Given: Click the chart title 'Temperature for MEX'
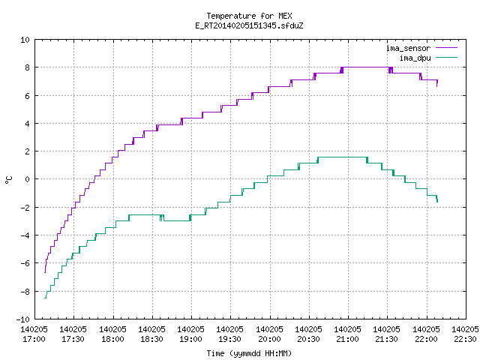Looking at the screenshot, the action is pos(249,16).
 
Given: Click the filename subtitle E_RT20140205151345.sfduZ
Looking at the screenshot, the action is pos(249,25).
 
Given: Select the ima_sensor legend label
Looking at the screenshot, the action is pos(408,48).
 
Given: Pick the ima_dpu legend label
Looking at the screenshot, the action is pos(415,58).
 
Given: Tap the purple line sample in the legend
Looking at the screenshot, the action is pos(446,48).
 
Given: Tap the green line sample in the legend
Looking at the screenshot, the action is pos(446,57).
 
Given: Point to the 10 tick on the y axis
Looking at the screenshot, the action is pos(25,40).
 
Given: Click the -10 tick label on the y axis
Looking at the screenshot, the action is pos(22,319).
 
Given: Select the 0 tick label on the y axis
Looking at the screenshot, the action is pos(27,179).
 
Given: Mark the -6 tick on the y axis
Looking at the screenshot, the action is pos(25,263).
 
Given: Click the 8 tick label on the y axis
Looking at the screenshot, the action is pos(27,67).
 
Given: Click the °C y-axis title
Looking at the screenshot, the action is pos(9,180).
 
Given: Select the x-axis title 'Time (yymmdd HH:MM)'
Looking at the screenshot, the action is pos(249,353).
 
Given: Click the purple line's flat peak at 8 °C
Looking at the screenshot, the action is pos(366,67).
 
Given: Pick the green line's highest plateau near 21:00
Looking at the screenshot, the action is pos(342,157).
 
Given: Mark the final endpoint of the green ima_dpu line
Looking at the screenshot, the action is pos(437,202).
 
